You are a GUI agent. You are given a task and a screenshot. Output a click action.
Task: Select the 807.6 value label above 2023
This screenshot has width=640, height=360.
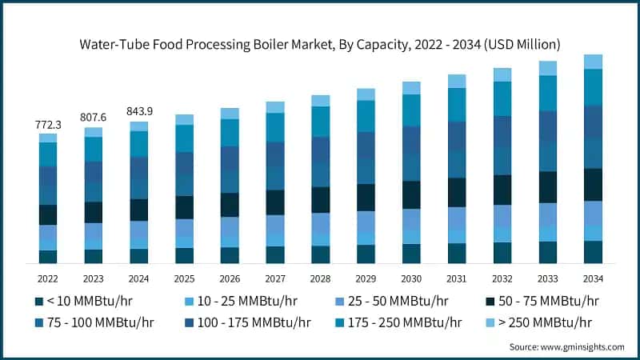94,118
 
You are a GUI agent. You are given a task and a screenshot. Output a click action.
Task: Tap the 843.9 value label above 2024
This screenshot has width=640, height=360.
139,111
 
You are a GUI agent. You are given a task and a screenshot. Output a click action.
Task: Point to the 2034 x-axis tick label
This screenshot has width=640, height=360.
592,278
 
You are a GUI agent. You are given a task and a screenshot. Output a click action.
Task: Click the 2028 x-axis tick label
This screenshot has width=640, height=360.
320,278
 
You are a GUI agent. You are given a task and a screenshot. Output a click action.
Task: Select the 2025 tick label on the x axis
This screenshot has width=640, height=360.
184,278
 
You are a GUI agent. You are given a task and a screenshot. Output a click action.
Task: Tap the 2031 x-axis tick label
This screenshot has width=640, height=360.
456,278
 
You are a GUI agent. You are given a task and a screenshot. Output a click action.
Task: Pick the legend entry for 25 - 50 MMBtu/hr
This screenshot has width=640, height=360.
386,301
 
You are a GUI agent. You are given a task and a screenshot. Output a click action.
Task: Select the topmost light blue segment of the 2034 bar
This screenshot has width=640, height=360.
593,62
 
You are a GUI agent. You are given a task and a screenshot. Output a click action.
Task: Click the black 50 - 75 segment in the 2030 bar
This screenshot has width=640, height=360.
411,194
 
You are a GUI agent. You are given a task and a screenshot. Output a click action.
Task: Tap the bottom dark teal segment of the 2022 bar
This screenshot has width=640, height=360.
48,257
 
